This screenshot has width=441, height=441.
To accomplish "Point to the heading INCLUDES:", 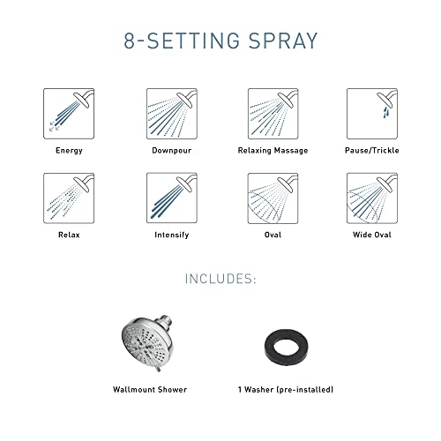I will pyautogui.click(x=220, y=280).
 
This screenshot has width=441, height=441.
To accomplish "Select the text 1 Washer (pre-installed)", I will pyautogui.click(x=284, y=389).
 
